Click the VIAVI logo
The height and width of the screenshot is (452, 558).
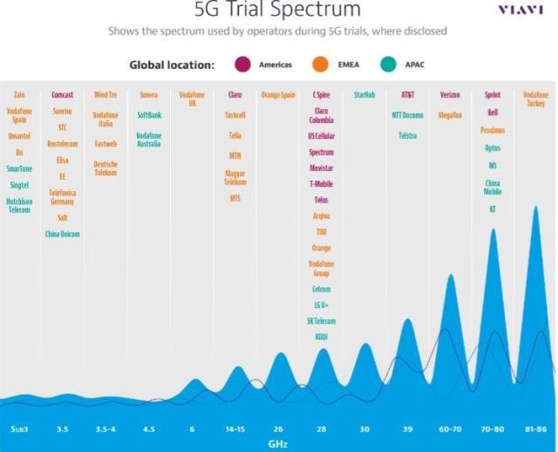click(x=520, y=10)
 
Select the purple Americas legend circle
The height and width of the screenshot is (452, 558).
click(x=243, y=65)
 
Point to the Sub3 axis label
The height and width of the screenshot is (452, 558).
click(x=19, y=429)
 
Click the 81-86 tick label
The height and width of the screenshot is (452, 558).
click(x=535, y=429)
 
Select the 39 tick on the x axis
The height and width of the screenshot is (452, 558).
click(x=407, y=429)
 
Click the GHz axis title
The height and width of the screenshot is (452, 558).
click(x=277, y=443)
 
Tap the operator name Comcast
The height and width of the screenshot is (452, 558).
click(x=62, y=94)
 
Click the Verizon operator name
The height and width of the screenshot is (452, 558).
click(x=450, y=94)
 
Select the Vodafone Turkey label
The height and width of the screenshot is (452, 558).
click(x=535, y=99)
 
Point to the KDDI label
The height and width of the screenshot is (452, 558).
click(x=321, y=336)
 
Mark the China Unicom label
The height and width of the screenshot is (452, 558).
click(x=62, y=234)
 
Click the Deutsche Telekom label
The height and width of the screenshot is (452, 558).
click(x=105, y=168)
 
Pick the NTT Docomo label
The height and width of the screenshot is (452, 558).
click(x=407, y=114)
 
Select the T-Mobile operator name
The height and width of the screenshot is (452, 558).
click(x=321, y=183)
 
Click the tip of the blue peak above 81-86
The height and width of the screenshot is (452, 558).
click(x=536, y=208)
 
